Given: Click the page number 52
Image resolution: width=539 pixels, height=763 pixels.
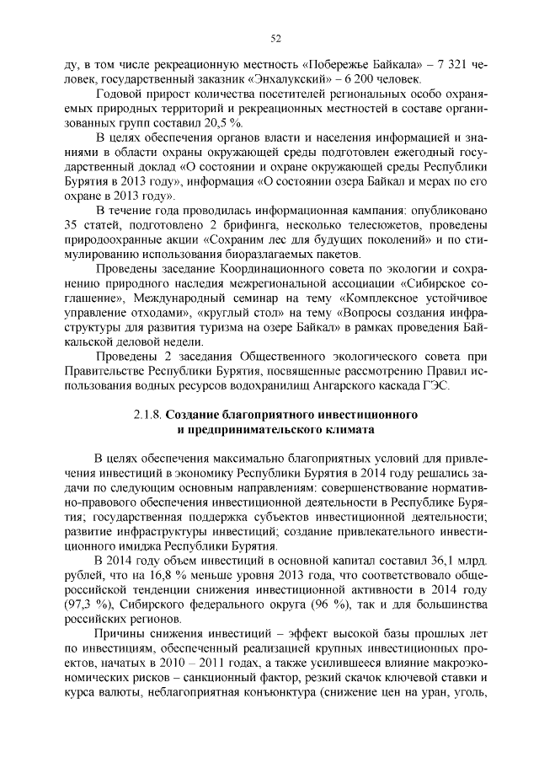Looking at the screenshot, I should tap(275, 38).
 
